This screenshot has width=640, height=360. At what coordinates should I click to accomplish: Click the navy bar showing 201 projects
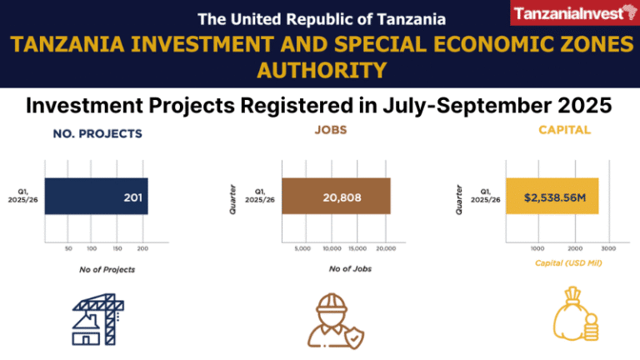(96, 197)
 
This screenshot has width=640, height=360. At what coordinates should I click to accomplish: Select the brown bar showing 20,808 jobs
(336, 197)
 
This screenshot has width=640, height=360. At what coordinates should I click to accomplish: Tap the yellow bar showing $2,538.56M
(551, 197)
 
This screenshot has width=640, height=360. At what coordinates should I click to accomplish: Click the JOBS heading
(331, 131)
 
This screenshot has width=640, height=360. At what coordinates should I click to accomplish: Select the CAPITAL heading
(564, 130)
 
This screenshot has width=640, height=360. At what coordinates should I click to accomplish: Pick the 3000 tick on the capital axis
(608, 248)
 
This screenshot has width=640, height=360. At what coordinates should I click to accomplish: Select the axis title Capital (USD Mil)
(567, 263)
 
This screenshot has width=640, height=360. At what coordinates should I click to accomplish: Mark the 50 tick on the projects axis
(68, 248)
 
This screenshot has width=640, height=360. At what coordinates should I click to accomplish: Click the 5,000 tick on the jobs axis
(303, 248)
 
